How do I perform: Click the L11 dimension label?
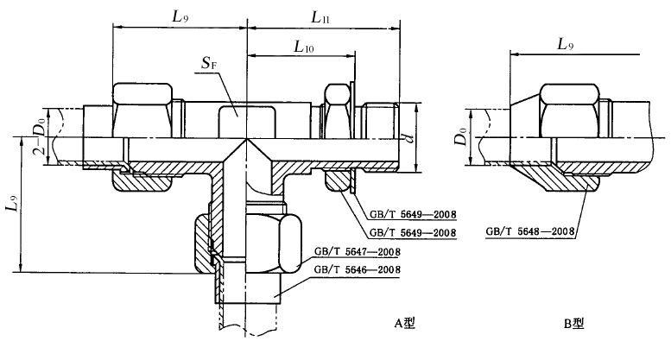click(x=320, y=17)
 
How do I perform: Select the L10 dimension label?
click(x=303, y=47)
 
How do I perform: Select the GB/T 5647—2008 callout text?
click(x=358, y=252)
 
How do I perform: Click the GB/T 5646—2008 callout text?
click(x=358, y=270)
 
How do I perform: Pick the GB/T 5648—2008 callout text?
click(x=529, y=231)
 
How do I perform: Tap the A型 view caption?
click(x=404, y=323)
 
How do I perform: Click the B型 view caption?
click(x=573, y=324)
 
